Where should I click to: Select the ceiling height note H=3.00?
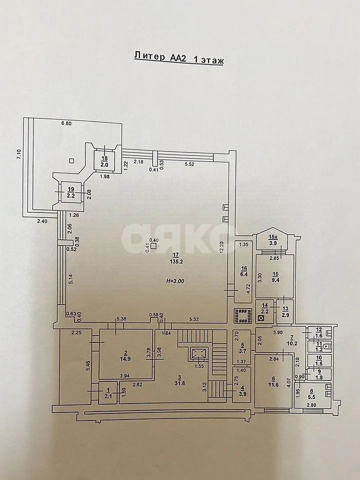[174, 281]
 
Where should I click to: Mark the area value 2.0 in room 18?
[104, 163]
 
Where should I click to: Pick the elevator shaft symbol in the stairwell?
[198, 354]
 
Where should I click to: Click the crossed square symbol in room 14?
[260, 317]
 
